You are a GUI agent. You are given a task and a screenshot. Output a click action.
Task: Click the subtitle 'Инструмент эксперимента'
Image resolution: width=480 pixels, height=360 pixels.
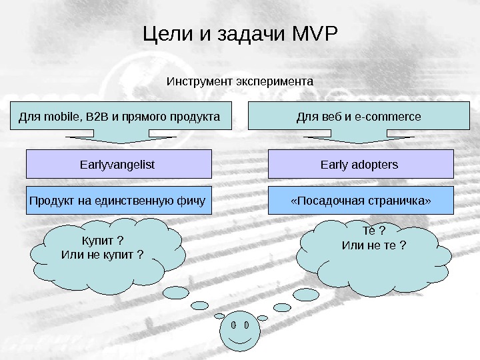(x=239, y=81)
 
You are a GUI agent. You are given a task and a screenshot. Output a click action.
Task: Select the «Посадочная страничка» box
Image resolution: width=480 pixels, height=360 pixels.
(x=361, y=201)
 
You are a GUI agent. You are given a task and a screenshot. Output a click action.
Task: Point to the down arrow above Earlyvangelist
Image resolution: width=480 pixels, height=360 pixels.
(x=119, y=138)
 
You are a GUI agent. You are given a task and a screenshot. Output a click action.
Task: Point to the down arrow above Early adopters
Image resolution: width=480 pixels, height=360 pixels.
(x=361, y=138)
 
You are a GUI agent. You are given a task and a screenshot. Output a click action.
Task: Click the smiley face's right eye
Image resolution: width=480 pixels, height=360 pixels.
(x=247, y=327)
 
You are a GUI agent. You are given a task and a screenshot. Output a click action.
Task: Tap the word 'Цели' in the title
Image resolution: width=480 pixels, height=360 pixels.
(x=166, y=33)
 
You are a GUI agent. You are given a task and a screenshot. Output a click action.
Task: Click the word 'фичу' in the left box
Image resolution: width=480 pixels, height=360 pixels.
(x=191, y=201)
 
